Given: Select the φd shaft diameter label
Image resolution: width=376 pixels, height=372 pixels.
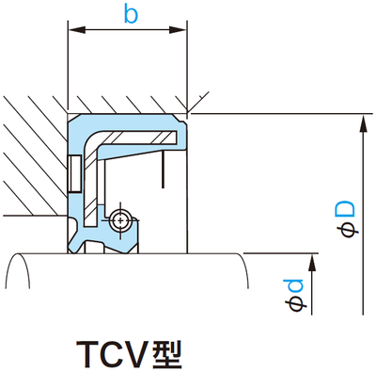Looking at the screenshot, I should click(297, 294).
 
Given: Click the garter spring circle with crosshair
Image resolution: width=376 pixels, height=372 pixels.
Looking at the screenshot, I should click(118, 220).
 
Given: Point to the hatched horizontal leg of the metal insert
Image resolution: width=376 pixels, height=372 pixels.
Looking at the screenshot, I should click(141, 139).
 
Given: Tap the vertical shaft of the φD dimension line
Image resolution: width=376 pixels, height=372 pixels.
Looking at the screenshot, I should click(362, 217).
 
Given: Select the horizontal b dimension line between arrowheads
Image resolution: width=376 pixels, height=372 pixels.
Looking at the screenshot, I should click(130, 33).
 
